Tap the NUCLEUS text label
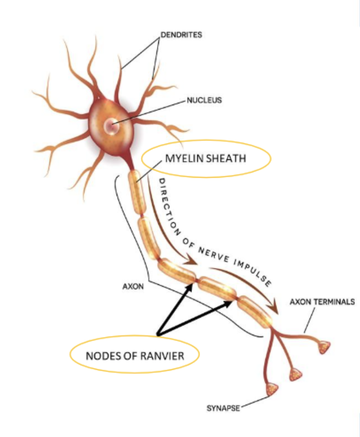point(204,100)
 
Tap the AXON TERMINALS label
point(322,302)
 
